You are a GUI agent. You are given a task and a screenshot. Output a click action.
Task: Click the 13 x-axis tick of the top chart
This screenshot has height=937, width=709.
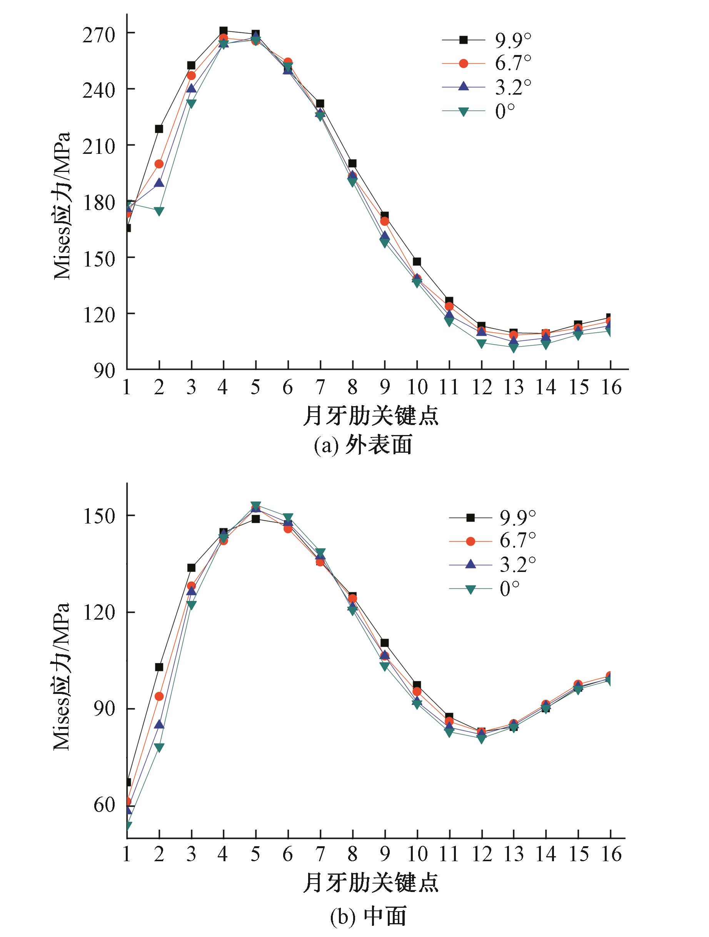[513, 387]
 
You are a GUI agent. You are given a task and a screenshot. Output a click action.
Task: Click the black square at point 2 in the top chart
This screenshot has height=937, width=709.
[159, 129]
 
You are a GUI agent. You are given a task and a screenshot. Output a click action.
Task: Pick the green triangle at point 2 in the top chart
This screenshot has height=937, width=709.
[159, 211]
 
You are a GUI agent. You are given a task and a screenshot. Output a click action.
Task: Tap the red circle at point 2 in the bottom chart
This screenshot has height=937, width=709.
[159, 696]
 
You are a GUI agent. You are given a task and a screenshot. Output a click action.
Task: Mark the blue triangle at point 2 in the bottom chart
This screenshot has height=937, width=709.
[159, 724]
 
